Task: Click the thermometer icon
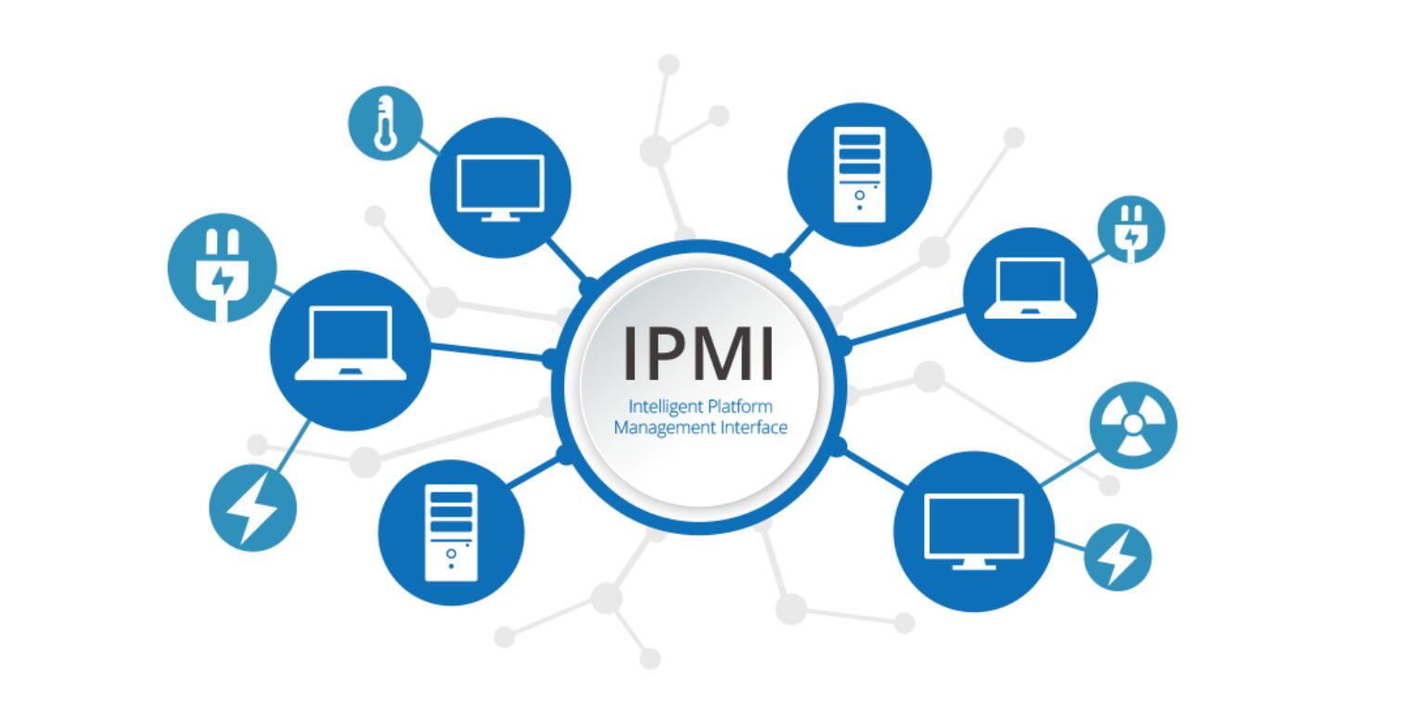click(386, 123)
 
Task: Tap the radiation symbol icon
click(1133, 425)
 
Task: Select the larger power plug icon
click(222, 268)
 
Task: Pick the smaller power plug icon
click(1131, 229)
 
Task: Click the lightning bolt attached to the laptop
click(252, 507)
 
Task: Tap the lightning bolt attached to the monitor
click(1117, 557)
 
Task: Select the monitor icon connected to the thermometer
click(501, 187)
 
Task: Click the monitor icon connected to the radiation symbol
click(974, 531)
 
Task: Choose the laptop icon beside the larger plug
click(351, 351)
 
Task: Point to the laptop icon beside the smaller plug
click(1030, 294)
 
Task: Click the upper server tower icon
click(859, 174)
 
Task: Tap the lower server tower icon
click(451, 533)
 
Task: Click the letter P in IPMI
click(671, 353)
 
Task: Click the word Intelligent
click(665, 408)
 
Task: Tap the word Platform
click(740, 408)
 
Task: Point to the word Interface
click(745, 427)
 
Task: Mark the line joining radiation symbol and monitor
click(1069, 468)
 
